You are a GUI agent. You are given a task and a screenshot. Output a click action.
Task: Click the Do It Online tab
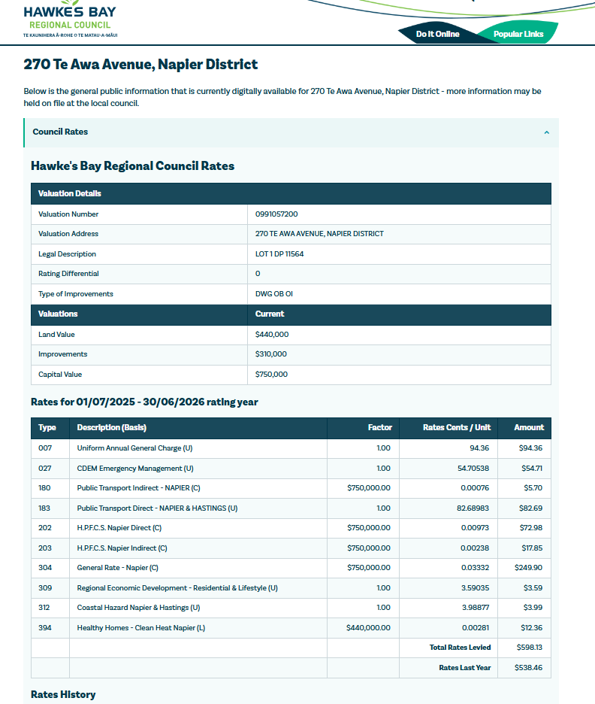tap(437, 34)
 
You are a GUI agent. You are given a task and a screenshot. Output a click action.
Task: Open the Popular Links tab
tap(518, 34)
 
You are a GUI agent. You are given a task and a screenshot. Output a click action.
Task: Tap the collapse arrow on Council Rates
tap(546, 132)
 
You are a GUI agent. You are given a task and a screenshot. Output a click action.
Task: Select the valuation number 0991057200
tap(276, 214)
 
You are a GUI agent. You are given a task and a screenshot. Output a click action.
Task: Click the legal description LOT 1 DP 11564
tap(279, 254)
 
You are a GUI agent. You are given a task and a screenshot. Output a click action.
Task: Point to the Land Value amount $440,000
tap(272, 335)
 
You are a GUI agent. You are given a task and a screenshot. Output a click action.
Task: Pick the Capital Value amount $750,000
tap(272, 375)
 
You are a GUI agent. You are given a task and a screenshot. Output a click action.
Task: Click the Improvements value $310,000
tap(271, 354)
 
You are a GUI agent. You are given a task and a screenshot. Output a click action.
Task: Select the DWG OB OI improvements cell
tap(275, 294)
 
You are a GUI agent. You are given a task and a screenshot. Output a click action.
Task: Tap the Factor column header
tap(379, 427)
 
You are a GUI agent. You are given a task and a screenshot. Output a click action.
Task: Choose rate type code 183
tap(44, 508)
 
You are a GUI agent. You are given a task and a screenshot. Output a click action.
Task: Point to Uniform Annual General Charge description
tap(134, 448)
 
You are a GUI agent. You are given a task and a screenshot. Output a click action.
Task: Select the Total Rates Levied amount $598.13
tap(529, 648)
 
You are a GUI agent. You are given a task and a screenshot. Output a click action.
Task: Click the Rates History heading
tap(63, 694)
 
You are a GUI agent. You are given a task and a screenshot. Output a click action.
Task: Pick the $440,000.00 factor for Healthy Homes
tap(368, 627)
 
